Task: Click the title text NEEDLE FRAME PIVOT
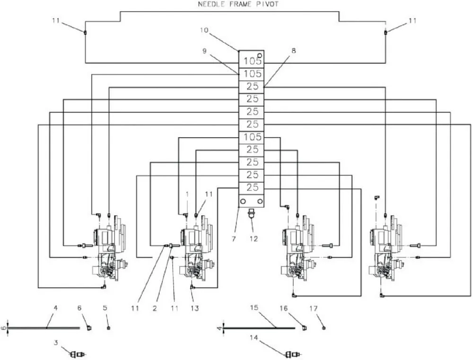pyautogui.click(x=238, y=4)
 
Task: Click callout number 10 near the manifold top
pyautogui.click(x=204, y=30)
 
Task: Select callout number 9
pyautogui.click(x=204, y=51)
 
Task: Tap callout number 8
pyautogui.click(x=293, y=51)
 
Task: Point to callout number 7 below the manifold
pyautogui.click(x=234, y=239)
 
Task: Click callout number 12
pyautogui.click(x=254, y=239)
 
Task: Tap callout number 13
pyautogui.click(x=195, y=308)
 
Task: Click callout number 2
pyautogui.click(x=155, y=308)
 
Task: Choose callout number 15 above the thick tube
pyautogui.click(x=254, y=307)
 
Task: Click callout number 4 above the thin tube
pyautogui.click(x=55, y=308)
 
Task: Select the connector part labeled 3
pyautogui.click(x=78, y=354)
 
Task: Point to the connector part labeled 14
pyautogui.click(x=293, y=354)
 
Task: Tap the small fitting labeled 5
pyautogui.click(x=109, y=328)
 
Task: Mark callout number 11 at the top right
pyautogui.click(x=412, y=20)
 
